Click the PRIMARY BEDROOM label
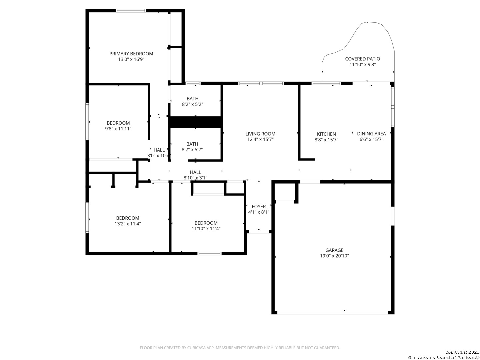point(131,54)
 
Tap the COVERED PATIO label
point(362,59)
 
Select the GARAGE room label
point(334,250)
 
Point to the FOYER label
point(259,206)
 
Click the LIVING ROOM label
point(260,134)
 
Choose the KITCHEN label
point(326,134)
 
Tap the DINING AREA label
point(371,134)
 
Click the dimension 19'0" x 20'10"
point(334,256)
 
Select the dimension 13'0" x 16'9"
point(131,59)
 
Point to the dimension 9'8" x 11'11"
point(118,129)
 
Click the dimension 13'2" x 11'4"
point(128,224)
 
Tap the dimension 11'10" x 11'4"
point(206,228)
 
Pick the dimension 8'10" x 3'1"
point(195,178)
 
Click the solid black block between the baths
point(195,122)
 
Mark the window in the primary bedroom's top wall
point(131,10)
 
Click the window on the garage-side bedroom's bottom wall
point(209,254)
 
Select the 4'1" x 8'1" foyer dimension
point(259,212)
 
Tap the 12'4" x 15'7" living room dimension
point(260,139)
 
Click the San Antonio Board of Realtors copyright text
point(443,357)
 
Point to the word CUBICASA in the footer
point(196,348)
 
